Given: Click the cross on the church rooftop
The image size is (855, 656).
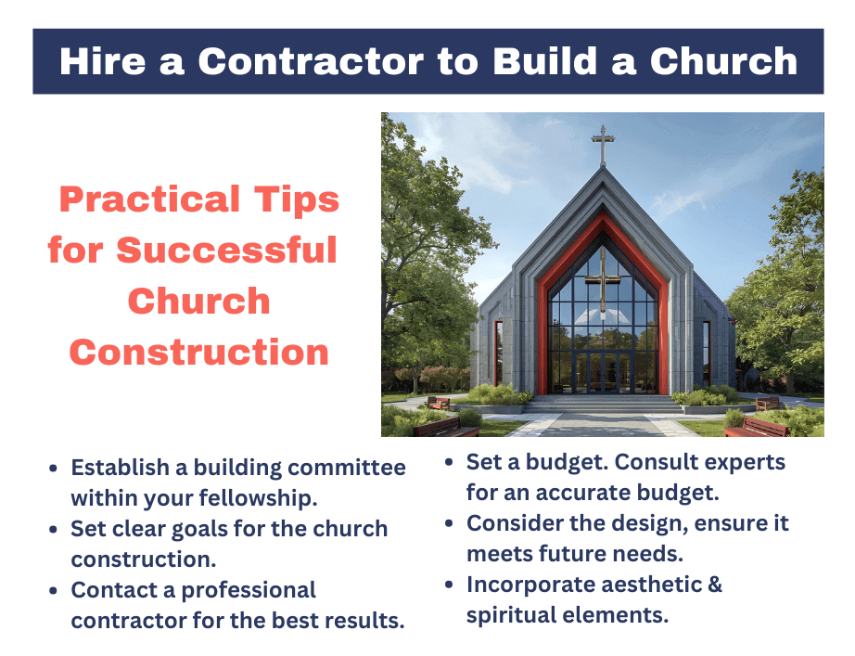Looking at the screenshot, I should [x=604, y=147].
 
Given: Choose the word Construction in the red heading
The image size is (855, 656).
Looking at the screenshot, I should [x=199, y=352].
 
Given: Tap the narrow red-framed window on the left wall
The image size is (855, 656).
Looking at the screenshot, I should [x=498, y=353].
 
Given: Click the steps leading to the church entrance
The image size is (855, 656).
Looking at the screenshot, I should [x=603, y=405].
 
